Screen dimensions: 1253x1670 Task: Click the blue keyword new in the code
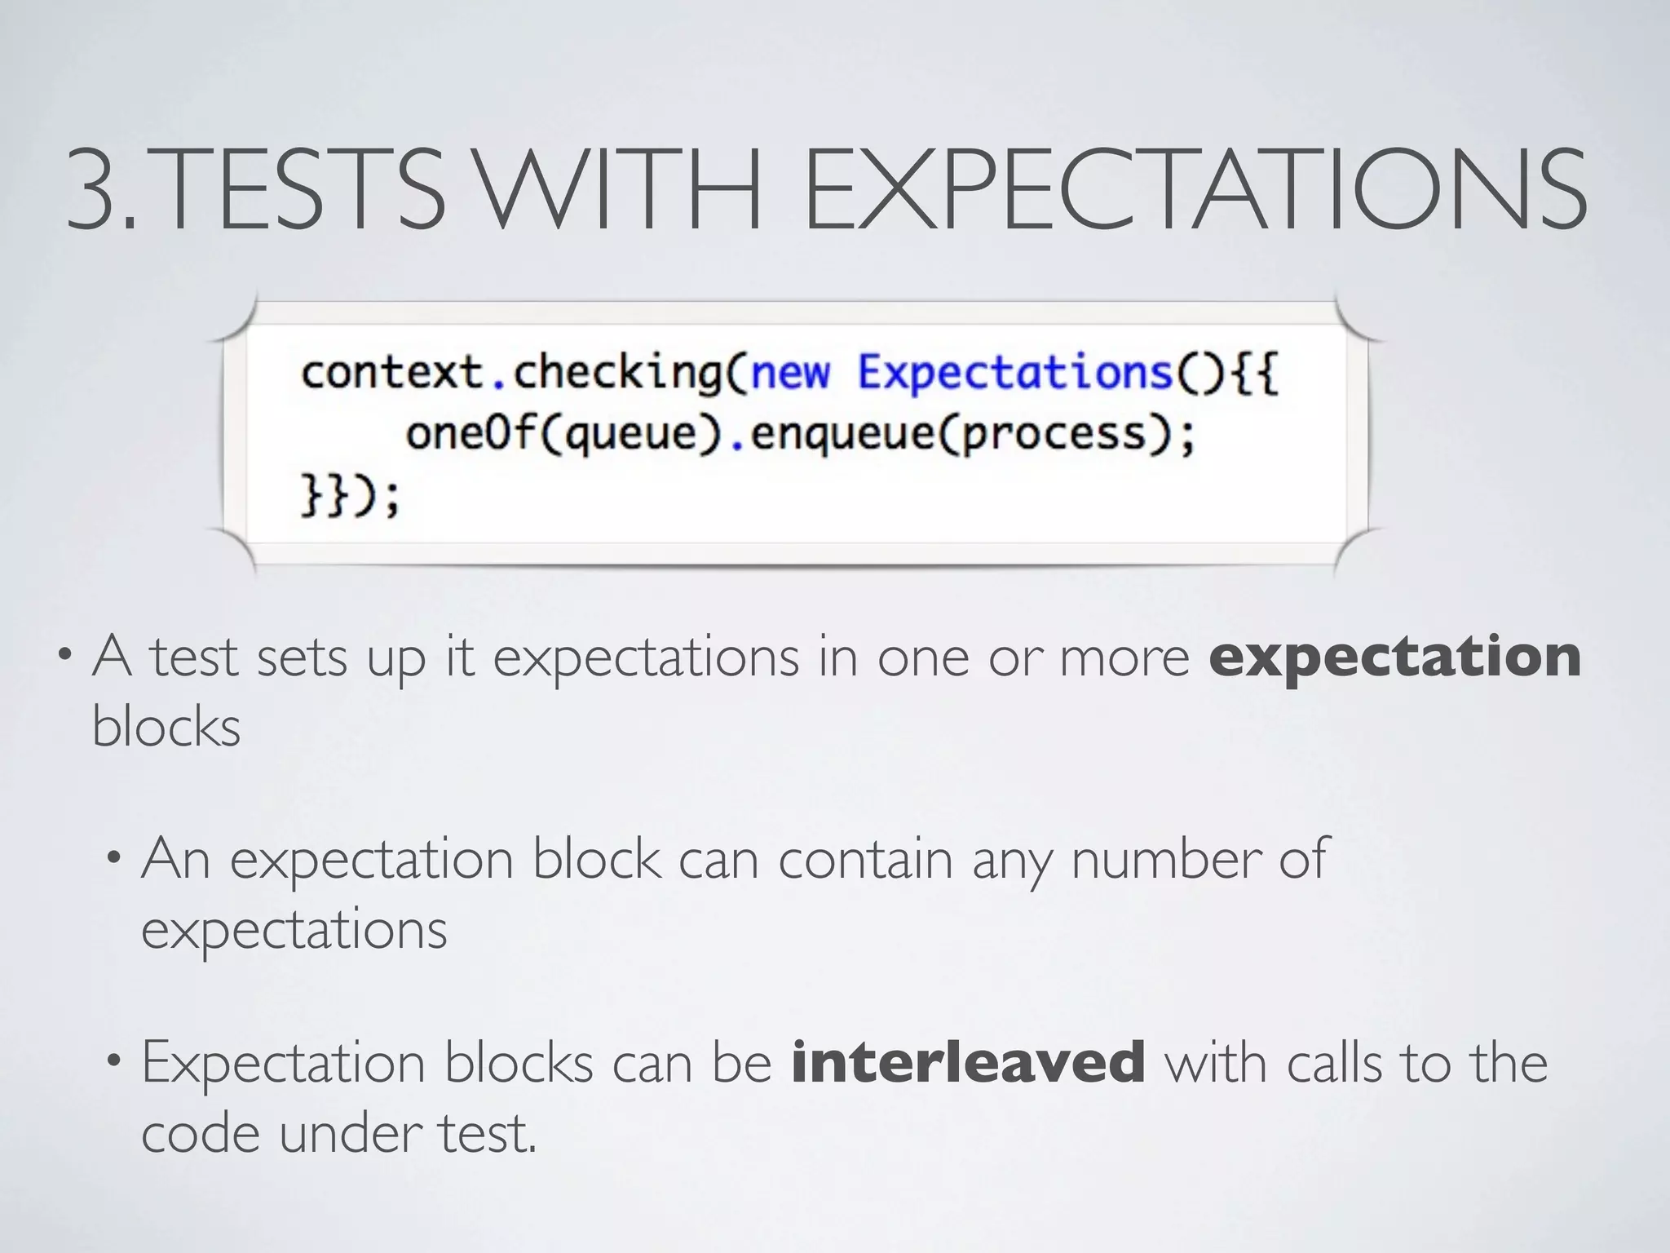click(789, 373)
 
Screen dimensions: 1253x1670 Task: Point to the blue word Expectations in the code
click(1015, 373)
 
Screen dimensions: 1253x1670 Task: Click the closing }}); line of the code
click(350, 495)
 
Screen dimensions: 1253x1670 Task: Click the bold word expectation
click(1395, 657)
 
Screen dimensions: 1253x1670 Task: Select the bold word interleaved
click(968, 1062)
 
